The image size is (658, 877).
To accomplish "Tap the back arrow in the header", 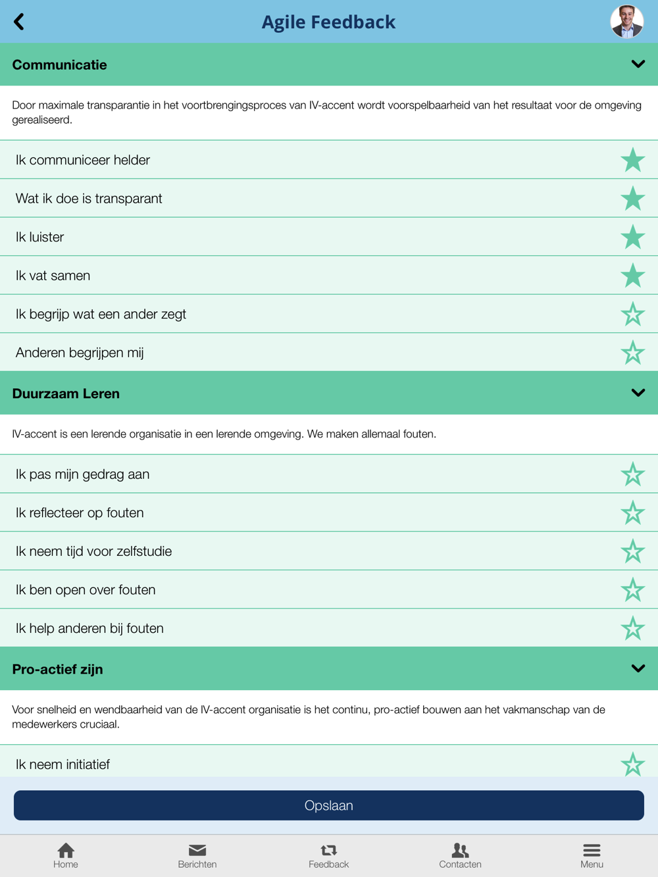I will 19,22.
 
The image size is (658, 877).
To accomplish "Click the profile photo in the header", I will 626,22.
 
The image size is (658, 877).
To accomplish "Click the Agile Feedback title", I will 328,22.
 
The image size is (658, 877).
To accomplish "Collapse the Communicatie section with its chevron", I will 638,64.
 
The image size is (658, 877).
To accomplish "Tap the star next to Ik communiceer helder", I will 632,160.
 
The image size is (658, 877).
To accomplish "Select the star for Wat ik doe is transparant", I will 632,198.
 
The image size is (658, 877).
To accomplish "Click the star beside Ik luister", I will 632,237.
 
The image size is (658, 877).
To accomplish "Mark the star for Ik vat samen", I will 632,276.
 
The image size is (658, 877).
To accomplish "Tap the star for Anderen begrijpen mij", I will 632,353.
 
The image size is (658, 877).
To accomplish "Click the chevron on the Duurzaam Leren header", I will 638,393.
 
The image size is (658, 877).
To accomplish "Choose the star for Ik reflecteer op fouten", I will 632,513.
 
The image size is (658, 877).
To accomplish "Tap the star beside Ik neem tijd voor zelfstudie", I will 632,551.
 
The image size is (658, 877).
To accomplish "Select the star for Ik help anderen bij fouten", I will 632,628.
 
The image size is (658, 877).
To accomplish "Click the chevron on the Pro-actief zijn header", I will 638,668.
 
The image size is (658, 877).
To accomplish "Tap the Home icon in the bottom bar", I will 66,850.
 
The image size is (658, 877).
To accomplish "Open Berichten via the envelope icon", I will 197,850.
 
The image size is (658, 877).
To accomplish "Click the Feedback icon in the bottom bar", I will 328,850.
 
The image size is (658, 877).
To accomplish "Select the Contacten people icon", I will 460,850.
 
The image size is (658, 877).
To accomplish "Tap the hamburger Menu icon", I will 592,850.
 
